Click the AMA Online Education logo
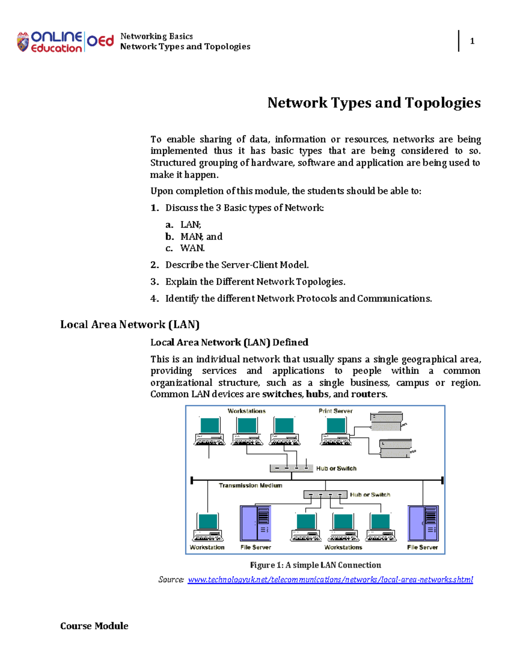tap(65, 42)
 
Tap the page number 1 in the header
tap(472, 41)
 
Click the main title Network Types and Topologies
tap(374, 103)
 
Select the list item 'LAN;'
tap(190, 225)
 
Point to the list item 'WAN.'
tap(192, 248)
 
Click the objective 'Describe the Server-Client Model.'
tap(237, 265)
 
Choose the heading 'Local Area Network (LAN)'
tap(130, 325)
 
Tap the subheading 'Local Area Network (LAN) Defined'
tap(229, 342)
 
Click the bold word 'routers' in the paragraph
tap(368, 394)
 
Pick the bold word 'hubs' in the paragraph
tap(317, 394)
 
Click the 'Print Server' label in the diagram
tap(336, 411)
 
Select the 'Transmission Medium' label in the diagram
tap(250, 485)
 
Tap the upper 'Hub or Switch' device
tap(291, 468)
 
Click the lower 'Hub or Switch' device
tap(325, 495)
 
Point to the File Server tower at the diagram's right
tap(423, 523)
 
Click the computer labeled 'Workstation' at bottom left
tap(208, 527)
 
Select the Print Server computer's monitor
tap(336, 425)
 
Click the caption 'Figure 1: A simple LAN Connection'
tap(315, 565)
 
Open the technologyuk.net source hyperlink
tap(330, 580)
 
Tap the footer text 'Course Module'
tap(94, 626)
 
